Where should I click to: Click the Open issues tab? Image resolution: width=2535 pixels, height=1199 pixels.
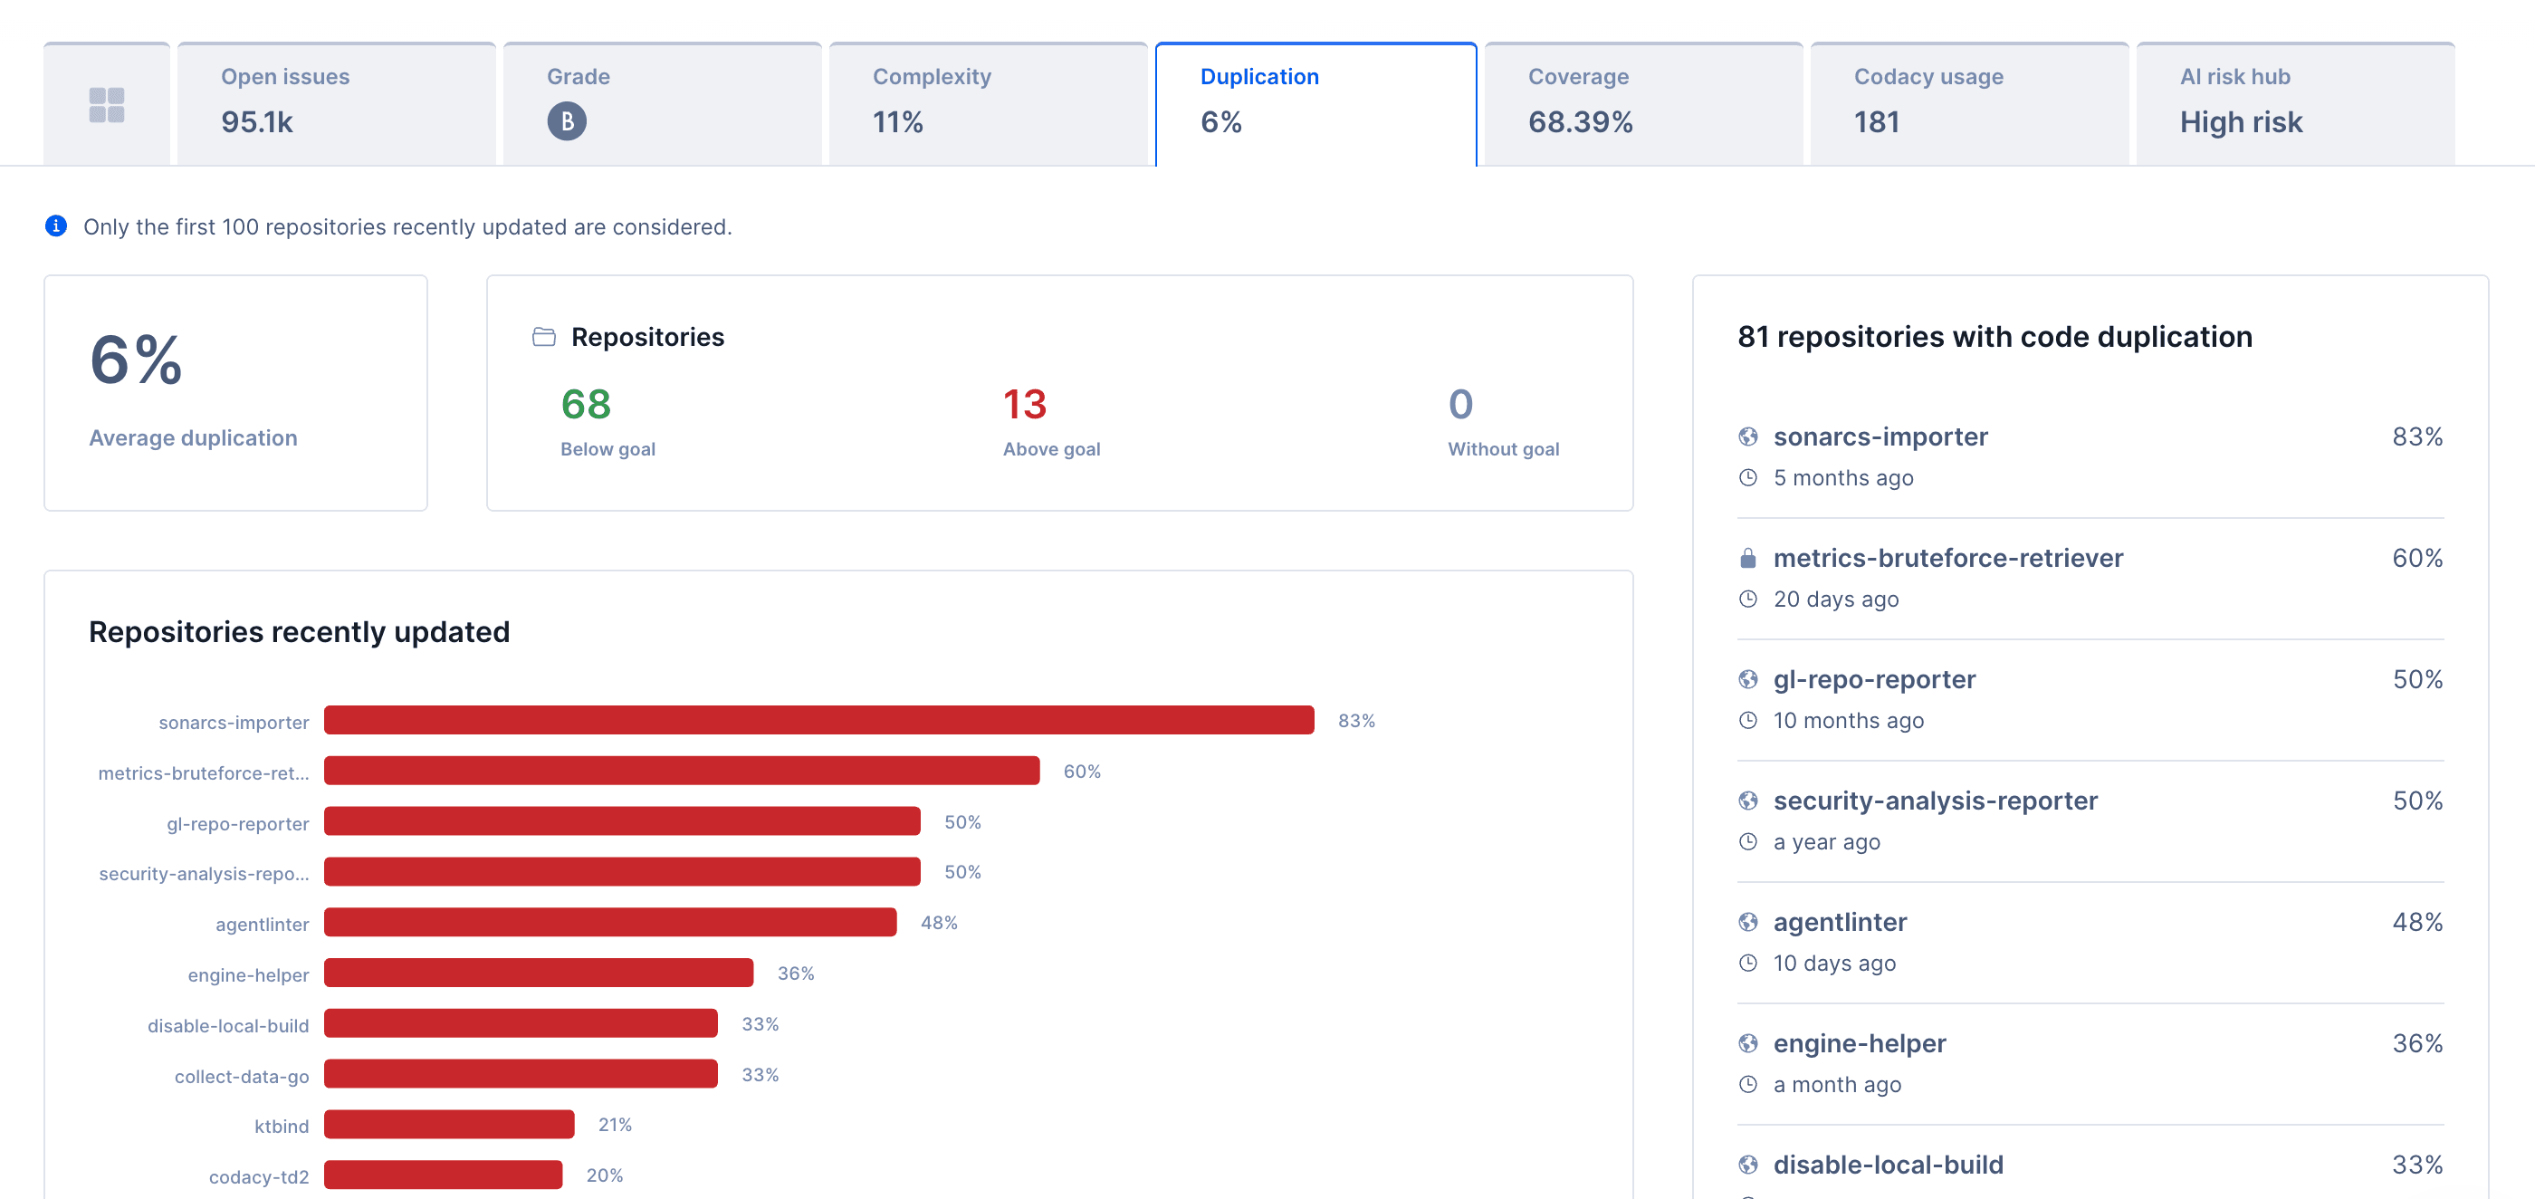(336, 102)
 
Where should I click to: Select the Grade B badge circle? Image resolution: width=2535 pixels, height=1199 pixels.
(566, 121)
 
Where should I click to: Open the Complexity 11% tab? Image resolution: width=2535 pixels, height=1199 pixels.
(987, 102)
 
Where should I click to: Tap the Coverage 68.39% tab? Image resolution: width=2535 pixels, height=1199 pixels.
(1642, 102)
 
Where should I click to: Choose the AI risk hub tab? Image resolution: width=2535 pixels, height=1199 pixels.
(2294, 102)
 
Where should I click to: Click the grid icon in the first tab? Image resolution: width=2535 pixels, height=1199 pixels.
(106, 104)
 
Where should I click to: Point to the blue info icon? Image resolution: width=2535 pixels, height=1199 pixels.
(56, 226)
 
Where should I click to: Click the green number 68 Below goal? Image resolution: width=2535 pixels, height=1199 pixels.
(586, 405)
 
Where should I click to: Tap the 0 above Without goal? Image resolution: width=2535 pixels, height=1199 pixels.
(1460, 405)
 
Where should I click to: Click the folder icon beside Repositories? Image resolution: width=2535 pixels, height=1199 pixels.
(543, 338)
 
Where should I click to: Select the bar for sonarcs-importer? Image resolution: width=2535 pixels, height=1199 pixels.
(818, 721)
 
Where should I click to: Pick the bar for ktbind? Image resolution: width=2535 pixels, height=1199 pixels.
(449, 1124)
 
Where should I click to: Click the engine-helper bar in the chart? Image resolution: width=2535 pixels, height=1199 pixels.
(539, 973)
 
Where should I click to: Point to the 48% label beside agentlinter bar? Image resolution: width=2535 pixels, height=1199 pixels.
(939, 923)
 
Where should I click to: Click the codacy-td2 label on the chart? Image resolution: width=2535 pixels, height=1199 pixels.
(259, 1176)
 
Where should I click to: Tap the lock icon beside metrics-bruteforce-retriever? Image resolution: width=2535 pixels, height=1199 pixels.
(1747, 558)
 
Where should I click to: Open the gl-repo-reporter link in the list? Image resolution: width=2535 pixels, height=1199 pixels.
(1874, 679)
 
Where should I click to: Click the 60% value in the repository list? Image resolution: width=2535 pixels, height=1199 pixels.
(2417, 558)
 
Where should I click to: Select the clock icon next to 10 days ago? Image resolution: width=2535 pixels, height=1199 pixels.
(1747, 963)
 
